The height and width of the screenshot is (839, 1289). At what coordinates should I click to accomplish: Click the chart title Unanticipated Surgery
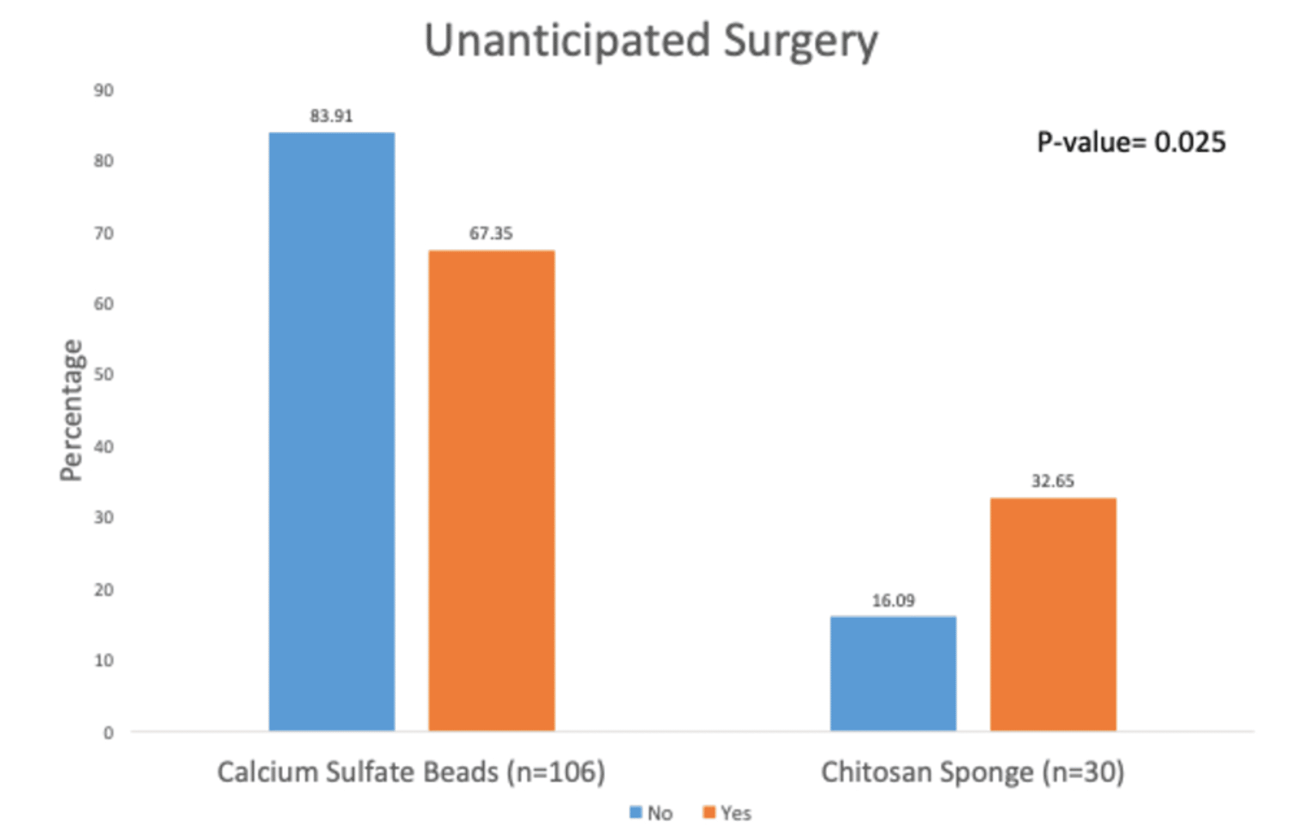651,41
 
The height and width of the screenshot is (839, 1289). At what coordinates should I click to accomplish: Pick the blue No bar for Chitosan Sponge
893,673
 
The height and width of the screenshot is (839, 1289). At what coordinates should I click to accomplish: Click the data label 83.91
331,116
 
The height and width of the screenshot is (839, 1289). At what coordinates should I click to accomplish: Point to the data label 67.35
491,233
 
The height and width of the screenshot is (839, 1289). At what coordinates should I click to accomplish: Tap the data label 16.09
893,601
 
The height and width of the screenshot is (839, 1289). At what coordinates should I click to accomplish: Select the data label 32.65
1052,481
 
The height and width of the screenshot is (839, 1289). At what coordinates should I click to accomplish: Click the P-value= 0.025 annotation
1131,143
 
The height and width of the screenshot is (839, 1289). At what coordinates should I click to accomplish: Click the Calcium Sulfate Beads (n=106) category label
411,772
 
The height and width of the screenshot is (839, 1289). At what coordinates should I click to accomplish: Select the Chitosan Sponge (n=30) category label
973,772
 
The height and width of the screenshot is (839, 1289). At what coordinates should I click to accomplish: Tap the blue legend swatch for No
635,812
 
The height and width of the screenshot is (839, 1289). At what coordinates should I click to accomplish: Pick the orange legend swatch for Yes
709,812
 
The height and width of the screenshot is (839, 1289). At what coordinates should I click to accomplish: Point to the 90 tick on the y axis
104,91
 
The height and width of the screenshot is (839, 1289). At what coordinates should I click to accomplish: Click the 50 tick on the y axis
104,374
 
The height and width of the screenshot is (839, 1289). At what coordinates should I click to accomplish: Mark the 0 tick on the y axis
108,733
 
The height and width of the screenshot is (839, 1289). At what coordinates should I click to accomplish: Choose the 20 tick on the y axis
104,590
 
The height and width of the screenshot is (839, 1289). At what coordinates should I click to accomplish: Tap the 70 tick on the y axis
104,233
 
